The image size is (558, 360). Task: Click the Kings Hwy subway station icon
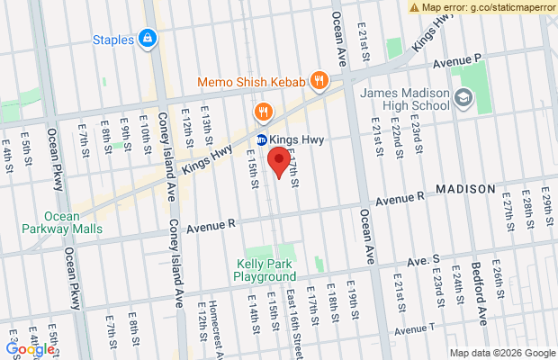262,139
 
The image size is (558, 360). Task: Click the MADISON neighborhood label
465,189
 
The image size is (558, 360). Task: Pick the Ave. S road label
423,259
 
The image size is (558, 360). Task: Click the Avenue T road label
418,327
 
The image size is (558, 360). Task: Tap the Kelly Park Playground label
266,270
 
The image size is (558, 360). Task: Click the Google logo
28,348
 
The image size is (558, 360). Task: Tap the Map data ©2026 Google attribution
502,353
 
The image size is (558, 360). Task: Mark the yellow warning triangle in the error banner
414,7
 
